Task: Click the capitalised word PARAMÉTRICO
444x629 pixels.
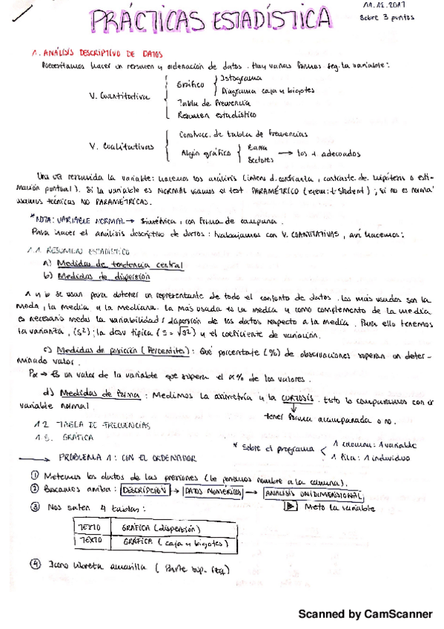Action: point(281,191)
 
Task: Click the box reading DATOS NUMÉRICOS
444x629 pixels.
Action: point(213,491)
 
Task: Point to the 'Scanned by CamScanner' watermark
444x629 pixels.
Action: point(365,615)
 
